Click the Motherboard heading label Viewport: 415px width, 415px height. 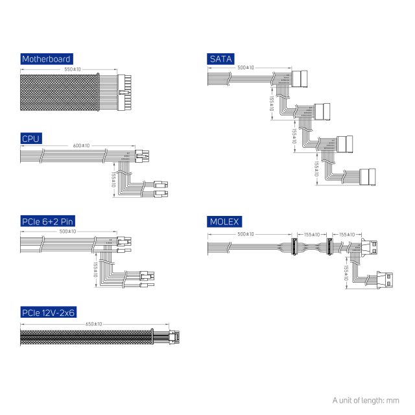[47, 59]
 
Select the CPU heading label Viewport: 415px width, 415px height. [31, 138]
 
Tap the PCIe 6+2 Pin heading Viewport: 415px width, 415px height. [47, 221]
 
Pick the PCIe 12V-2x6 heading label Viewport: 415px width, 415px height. [49, 313]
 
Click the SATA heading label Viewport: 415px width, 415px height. [220, 59]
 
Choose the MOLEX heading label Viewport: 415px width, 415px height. [224, 222]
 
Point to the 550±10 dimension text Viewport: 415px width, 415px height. [73, 69]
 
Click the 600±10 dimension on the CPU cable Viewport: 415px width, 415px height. [81, 145]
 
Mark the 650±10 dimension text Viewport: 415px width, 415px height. [93, 324]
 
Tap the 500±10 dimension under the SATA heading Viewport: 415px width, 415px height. [246, 67]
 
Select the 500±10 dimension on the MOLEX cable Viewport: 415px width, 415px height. [246, 234]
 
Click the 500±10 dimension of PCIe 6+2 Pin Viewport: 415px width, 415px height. [67, 231]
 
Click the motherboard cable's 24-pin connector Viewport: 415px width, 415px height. [124, 93]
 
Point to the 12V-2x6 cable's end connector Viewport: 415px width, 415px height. [174, 337]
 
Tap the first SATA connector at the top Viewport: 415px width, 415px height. [300, 79]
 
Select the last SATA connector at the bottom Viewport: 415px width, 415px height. [368, 177]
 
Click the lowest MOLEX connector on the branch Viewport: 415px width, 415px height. [385, 279]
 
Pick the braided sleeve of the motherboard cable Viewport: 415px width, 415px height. [59, 92]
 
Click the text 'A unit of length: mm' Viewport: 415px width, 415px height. [366, 401]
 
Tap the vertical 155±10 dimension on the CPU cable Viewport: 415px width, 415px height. [113, 180]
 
